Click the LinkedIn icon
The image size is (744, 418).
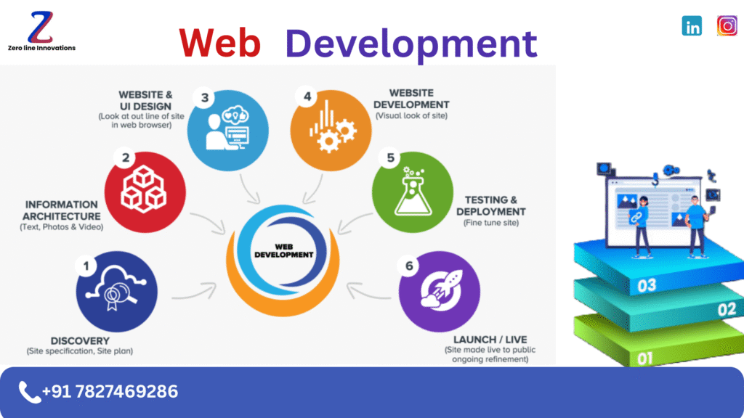[692, 26]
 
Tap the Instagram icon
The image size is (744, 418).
[727, 25]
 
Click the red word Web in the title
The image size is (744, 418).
[219, 43]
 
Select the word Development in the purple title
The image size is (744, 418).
[411, 43]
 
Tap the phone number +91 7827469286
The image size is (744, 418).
[110, 392]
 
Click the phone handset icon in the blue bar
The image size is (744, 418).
[29, 392]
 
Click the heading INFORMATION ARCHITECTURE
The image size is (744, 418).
[61, 210]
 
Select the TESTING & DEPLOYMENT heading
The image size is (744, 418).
[491, 205]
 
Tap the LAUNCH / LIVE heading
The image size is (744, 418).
[490, 340]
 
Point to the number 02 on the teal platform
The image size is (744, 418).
[726, 310]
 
